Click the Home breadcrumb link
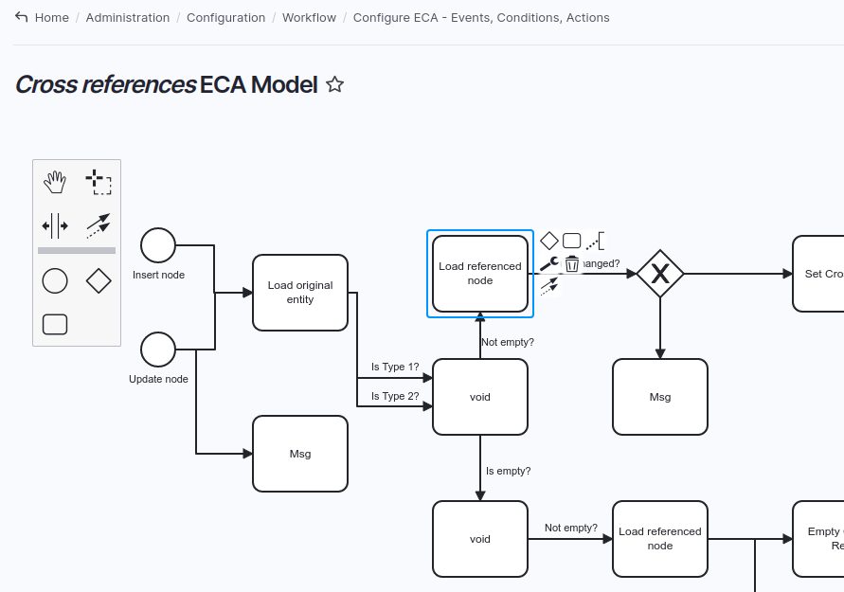51,17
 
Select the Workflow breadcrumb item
309,17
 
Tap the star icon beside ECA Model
334,84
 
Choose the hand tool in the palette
55,182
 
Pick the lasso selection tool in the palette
99,182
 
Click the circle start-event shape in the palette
55,281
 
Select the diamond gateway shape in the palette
99,281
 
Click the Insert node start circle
158,245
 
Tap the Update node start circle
158,350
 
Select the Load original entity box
300,293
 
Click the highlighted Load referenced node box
480,274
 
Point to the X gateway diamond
660,274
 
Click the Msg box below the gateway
660,397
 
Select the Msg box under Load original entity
300,454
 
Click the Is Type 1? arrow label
395,367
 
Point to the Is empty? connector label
508,471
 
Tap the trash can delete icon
572,264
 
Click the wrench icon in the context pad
548,263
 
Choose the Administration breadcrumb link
128,17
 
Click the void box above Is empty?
480,397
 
